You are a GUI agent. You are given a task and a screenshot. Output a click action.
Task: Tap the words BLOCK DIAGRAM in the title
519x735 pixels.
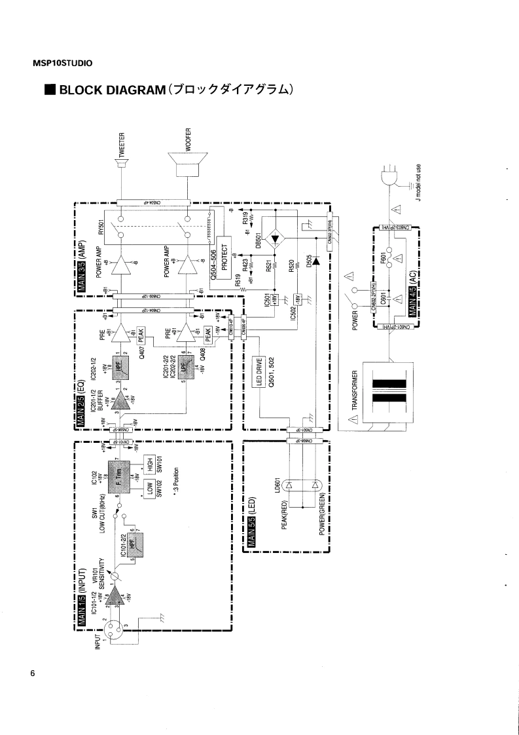coord(110,90)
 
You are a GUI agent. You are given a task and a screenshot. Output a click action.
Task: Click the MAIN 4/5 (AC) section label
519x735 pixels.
coord(413,294)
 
